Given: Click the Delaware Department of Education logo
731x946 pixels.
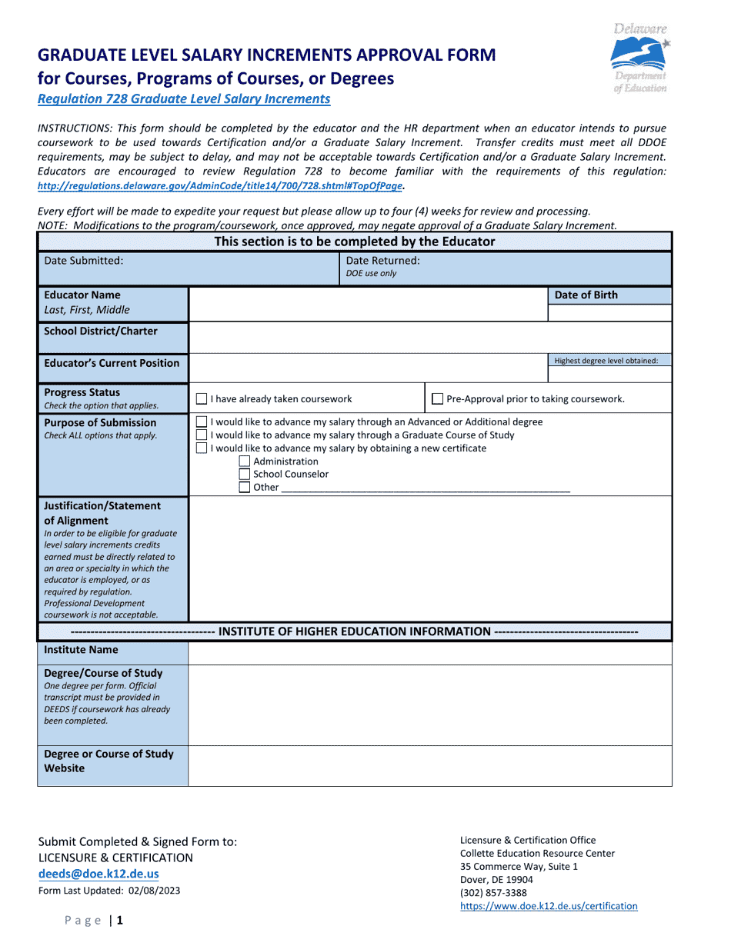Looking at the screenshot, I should tap(639, 59).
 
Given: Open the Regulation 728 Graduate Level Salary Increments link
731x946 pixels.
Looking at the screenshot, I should tap(184, 99).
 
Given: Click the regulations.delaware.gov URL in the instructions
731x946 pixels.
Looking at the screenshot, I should tap(219, 186).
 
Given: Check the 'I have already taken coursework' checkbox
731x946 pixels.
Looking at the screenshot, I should tap(202, 399).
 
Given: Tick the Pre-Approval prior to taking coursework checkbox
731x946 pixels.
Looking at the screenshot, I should tap(438, 399).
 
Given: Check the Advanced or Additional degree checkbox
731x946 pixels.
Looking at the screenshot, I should tap(202, 422).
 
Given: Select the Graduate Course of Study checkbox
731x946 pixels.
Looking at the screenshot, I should tap(202, 435).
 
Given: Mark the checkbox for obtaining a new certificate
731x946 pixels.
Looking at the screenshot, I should tap(202, 448).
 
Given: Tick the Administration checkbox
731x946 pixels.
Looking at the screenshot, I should tap(245, 461).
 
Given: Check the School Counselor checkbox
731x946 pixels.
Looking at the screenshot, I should tap(245, 475).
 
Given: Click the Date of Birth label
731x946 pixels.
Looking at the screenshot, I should tap(586, 295).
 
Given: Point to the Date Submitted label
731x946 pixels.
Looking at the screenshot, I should tap(83, 261).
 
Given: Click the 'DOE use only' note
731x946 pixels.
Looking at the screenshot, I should tap(371, 274).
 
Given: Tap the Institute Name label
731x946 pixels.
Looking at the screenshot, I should tap(81, 650).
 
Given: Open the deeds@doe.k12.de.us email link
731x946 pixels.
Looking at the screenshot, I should tap(98, 874).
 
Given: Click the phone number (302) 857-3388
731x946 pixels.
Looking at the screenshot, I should tap(493, 893).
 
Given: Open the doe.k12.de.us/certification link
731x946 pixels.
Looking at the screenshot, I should tap(549, 907).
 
